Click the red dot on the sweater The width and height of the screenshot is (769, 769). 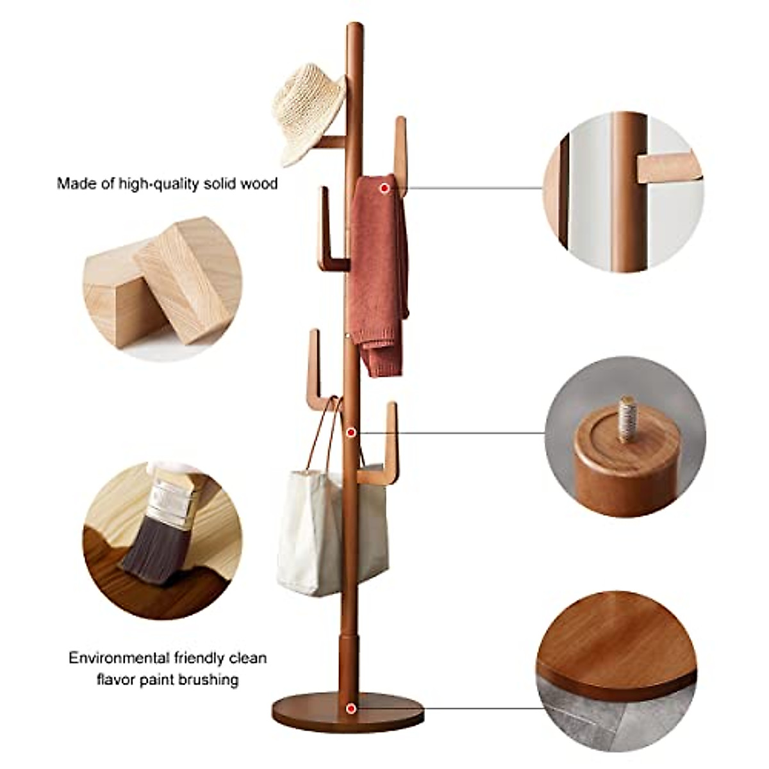click(x=383, y=188)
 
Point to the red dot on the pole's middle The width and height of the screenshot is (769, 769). click(x=351, y=433)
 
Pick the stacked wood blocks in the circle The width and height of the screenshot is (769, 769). click(x=163, y=285)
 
